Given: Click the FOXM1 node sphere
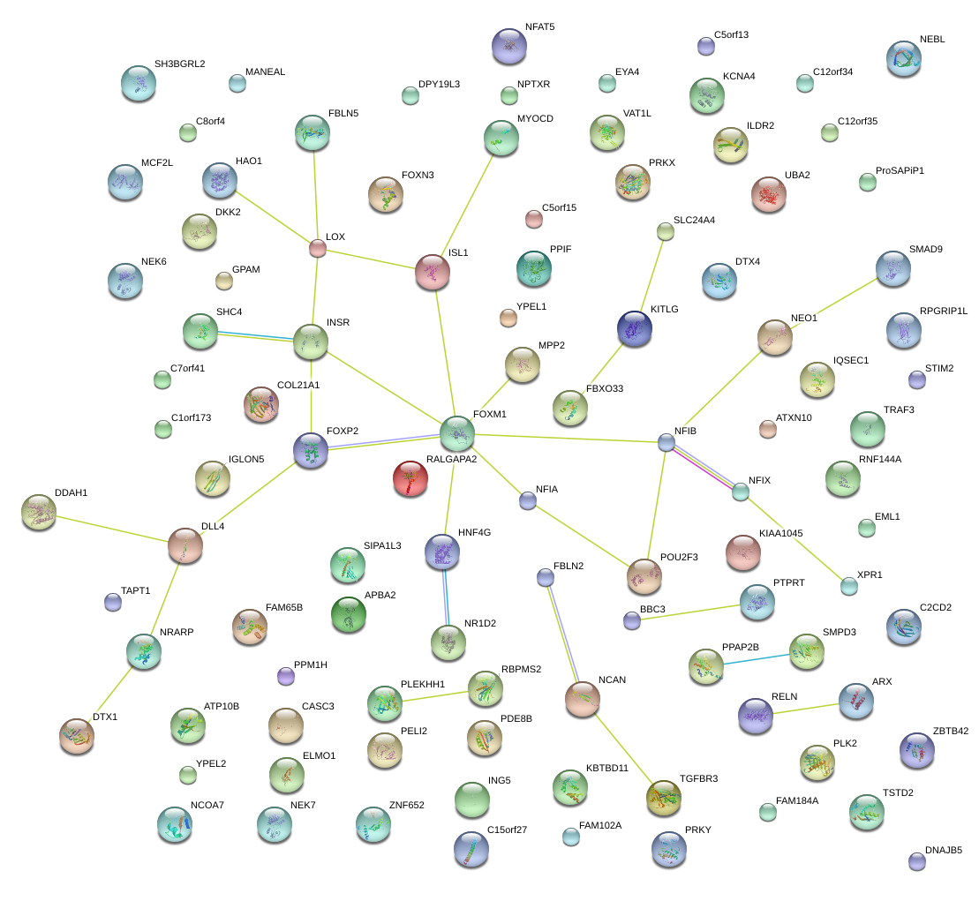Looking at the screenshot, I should [x=457, y=432].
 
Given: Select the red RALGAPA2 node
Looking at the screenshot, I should [x=410, y=478].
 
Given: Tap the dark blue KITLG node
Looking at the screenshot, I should [x=634, y=327].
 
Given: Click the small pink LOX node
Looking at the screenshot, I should [x=318, y=248].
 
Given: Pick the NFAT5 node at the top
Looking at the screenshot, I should [x=508, y=44].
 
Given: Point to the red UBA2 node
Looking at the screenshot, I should [x=768, y=194].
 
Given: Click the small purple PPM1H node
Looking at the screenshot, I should [x=285, y=676].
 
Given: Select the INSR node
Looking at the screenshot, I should [x=311, y=342].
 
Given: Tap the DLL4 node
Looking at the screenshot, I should [x=185, y=546].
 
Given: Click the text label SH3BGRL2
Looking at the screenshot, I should [x=179, y=64].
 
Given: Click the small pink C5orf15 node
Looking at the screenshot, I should [x=533, y=218].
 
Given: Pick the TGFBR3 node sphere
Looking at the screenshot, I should [x=664, y=797].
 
